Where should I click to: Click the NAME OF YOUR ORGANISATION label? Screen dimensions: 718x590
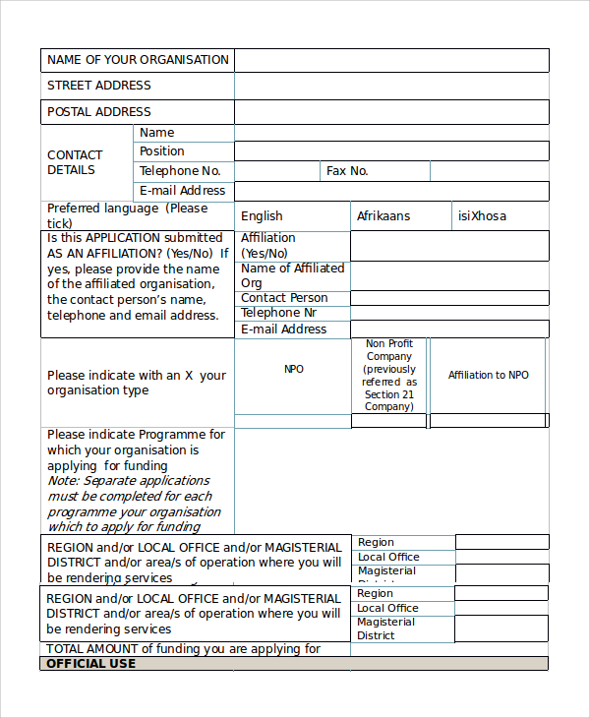point(138,60)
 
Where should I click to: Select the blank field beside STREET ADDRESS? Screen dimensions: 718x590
point(391,87)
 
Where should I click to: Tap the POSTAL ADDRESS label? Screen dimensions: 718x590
point(99,112)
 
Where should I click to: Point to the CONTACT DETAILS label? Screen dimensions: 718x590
point(75,162)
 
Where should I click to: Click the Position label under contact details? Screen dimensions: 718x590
point(162,151)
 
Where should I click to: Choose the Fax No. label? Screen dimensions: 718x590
point(347,171)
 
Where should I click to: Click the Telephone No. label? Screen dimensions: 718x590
point(180,171)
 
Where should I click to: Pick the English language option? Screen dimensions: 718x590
point(262,216)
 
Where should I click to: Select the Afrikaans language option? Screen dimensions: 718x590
point(383,216)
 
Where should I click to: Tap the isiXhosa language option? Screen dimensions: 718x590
point(483,216)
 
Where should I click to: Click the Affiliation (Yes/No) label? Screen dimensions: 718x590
point(268,246)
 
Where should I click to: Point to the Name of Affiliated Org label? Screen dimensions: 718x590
point(292,275)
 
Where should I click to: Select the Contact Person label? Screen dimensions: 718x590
point(284,298)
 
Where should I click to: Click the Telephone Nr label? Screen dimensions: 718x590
point(278,313)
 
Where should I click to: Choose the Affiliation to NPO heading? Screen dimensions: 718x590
point(488,375)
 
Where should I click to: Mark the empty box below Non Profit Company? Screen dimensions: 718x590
point(389,421)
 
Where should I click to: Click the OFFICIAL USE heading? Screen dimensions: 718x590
point(91,664)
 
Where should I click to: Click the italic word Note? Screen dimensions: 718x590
point(63,481)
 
